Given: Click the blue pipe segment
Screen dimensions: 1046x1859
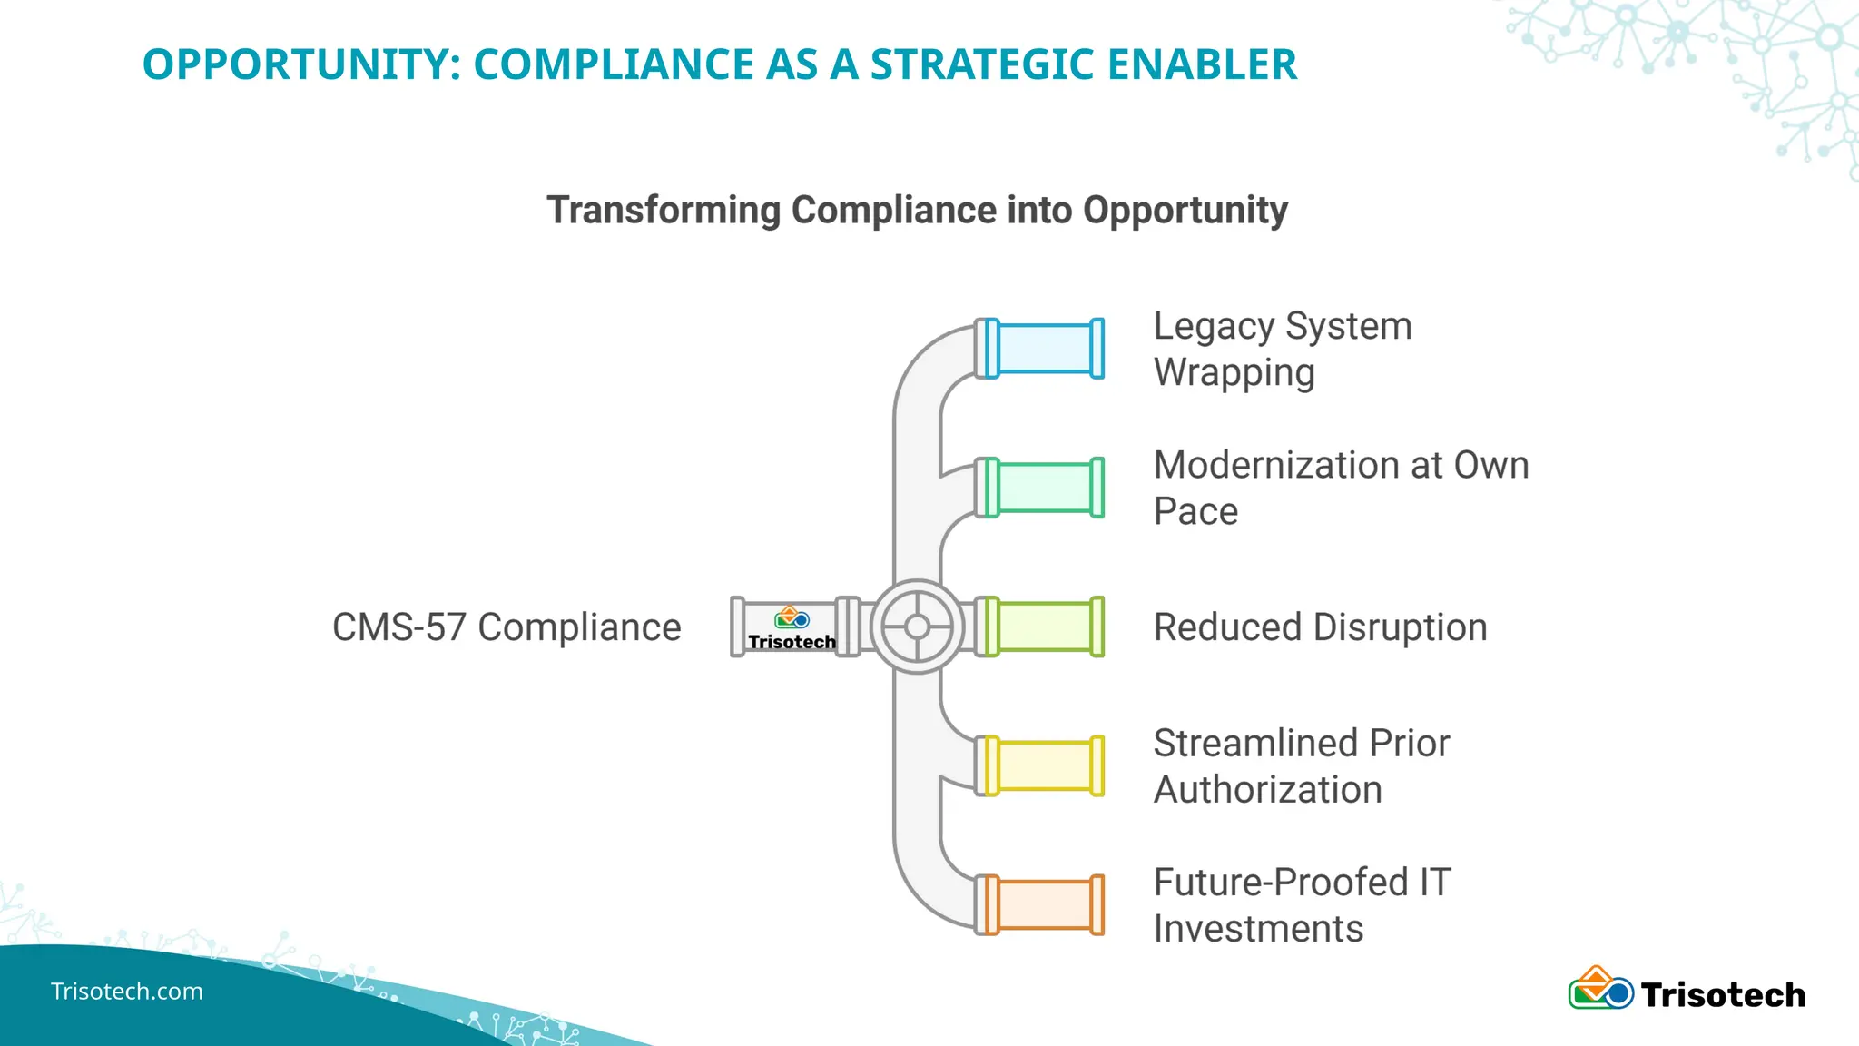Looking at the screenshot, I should [x=1045, y=348].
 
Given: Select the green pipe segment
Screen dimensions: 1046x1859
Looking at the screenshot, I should [x=1045, y=488].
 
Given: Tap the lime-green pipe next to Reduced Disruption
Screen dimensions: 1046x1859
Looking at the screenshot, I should [x=1045, y=627].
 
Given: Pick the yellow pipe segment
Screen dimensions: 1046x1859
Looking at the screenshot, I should [x=1045, y=765].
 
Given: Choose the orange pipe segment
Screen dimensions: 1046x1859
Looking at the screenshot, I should [x=1045, y=904].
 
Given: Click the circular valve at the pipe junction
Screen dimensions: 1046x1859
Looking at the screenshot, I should [x=917, y=627].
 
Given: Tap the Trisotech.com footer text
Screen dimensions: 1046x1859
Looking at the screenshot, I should [x=126, y=991].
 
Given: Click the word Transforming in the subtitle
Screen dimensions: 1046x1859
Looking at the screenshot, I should [x=664, y=210].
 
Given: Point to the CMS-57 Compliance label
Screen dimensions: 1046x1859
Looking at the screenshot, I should [x=507, y=627].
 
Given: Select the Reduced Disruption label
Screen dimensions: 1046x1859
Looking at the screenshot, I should [x=1320, y=627].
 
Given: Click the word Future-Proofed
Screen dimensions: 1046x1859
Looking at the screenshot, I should [x=1281, y=882].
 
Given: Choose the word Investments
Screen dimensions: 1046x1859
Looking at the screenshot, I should [x=1258, y=929].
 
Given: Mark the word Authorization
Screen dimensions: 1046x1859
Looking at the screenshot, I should [x=1267, y=790].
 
